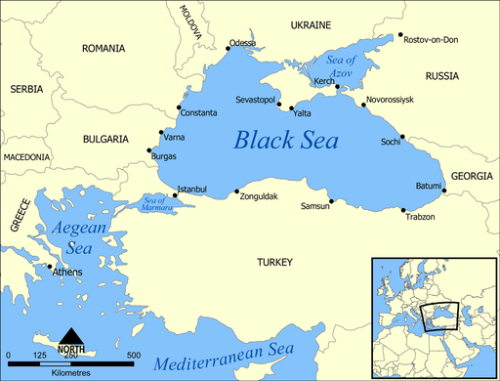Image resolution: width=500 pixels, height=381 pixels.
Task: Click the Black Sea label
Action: tap(286, 141)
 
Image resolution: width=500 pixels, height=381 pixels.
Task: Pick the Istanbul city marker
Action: tap(175, 195)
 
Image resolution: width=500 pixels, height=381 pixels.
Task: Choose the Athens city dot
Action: tap(50, 266)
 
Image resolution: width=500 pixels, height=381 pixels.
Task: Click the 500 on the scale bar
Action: tap(134, 355)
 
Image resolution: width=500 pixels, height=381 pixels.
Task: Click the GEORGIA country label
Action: tap(473, 178)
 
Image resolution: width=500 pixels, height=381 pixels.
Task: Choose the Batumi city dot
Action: tap(443, 191)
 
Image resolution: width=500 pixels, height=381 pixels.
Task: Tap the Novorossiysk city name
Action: tap(389, 100)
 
